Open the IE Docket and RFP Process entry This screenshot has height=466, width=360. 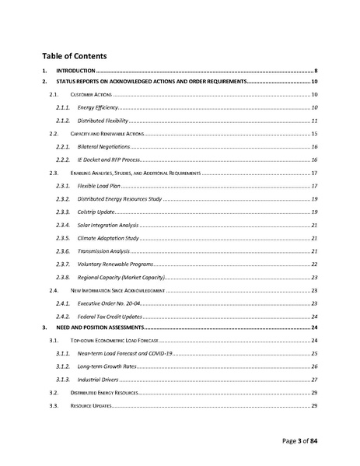click(107, 160)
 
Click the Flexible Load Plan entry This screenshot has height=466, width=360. click(97, 187)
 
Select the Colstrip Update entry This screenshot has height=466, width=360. click(96, 212)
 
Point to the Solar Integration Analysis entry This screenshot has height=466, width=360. click(107, 225)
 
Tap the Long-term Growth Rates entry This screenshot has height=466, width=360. click(105, 366)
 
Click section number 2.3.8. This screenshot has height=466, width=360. click(63, 278)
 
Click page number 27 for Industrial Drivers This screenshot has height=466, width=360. click(313, 380)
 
